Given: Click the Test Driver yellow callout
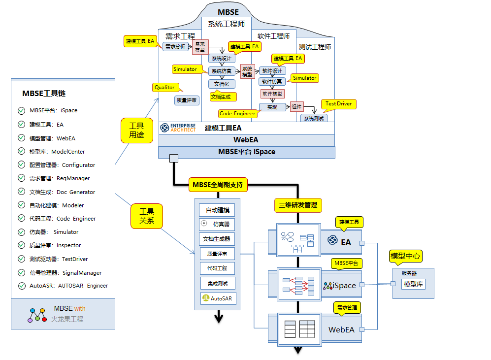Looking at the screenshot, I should [x=339, y=104].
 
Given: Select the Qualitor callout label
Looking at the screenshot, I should [x=164, y=88].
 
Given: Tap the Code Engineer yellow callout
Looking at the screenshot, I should [x=238, y=114].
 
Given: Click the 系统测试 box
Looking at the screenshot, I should [x=313, y=118].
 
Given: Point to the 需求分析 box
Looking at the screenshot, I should [x=176, y=47].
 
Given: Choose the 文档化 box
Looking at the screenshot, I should [x=222, y=84].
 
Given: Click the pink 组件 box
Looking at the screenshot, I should [x=296, y=106].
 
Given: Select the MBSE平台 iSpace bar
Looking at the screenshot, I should [x=247, y=152].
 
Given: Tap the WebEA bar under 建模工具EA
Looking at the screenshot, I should [x=247, y=140].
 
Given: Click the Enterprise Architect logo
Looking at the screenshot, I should [x=178, y=128].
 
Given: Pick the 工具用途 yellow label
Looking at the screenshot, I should [x=136, y=130].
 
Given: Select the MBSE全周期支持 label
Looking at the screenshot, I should [x=217, y=185].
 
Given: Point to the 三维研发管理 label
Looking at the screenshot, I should [x=298, y=205].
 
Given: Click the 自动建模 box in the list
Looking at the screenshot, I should [x=217, y=210].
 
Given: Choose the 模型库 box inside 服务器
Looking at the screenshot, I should [x=413, y=284].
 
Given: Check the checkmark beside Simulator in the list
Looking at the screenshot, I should [x=21, y=232].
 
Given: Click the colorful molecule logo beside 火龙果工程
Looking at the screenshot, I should [x=37, y=314].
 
